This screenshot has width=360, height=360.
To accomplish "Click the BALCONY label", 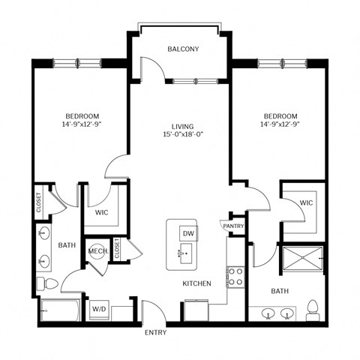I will point(183,49).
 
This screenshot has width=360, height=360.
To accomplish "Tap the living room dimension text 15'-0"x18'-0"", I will point(183,134).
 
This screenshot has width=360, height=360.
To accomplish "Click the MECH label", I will point(97,251).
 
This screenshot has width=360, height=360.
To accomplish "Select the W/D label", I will point(99,307).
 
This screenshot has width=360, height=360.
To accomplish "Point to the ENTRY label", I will point(156,332).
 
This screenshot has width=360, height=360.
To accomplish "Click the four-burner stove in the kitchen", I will point(235,277).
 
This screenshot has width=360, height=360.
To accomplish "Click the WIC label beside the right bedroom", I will point(306,202).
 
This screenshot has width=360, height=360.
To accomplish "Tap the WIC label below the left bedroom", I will point(103,212).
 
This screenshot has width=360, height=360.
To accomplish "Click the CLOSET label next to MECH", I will point(118,250).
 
